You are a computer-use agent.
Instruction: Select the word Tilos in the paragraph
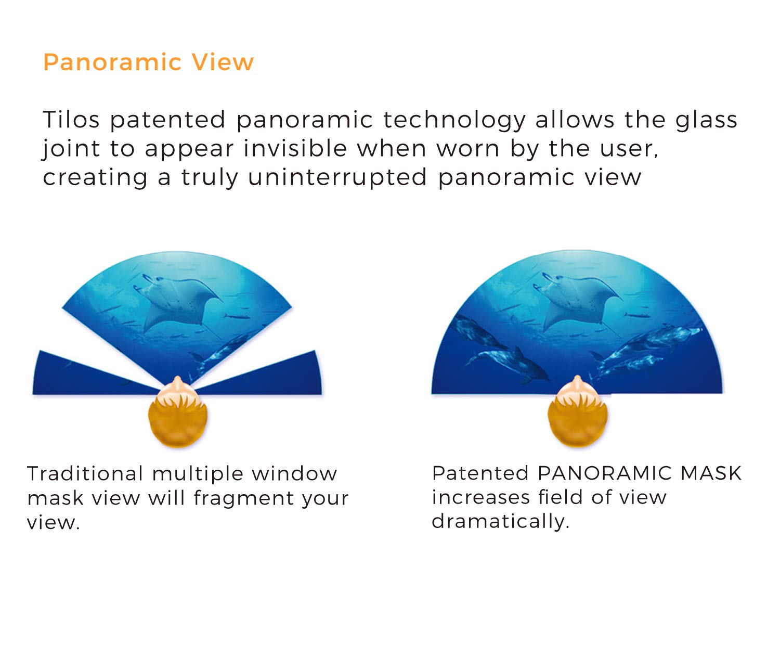pyautogui.click(x=71, y=120)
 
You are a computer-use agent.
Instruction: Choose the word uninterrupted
pyautogui.click(x=337, y=177)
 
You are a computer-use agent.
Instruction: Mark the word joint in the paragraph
pyautogui.click(x=71, y=149)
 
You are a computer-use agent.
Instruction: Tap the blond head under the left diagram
pyautogui.click(x=178, y=414)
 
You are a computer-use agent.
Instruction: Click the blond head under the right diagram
pyautogui.click(x=577, y=414)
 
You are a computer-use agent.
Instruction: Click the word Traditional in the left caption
pyautogui.click(x=85, y=474)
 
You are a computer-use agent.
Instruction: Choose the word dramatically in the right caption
pyautogui.click(x=500, y=522)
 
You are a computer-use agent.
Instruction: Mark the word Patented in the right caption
pyautogui.click(x=480, y=473)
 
